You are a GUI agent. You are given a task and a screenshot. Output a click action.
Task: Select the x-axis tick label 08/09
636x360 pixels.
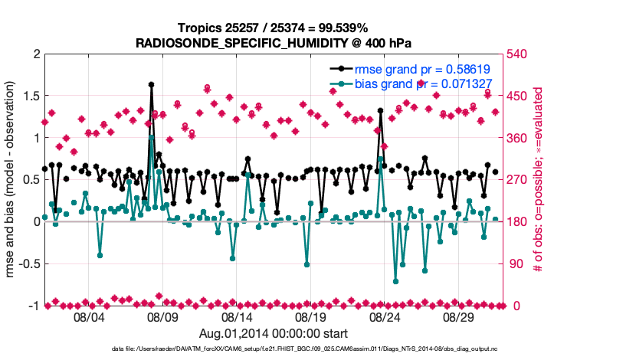[x=162, y=316]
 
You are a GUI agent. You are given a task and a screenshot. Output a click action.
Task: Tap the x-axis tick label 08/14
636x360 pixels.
[x=236, y=316]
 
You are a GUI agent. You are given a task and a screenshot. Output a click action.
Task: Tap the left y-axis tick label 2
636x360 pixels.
[x=36, y=54]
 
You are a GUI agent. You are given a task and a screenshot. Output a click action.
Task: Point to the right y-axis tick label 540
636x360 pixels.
[x=523, y=54]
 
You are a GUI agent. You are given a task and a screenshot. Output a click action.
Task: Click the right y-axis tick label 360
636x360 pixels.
[x=523, y=138]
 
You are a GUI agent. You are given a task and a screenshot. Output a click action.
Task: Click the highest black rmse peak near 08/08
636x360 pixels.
[x=151, y=84]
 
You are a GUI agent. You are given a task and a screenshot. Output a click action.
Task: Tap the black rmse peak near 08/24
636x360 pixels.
[x=380, y=110]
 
